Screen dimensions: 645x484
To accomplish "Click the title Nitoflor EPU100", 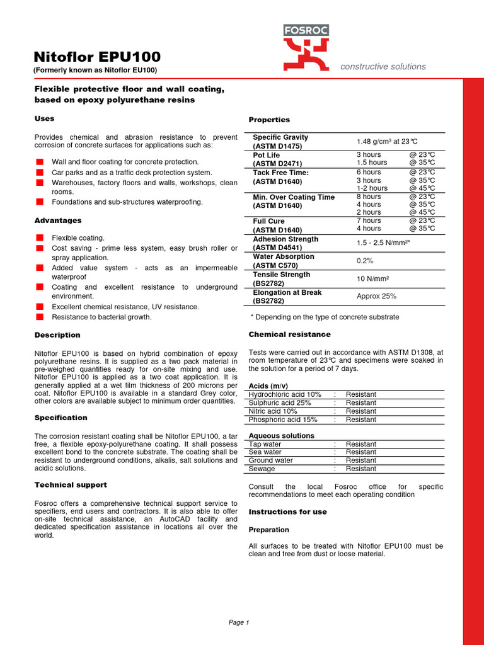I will [97, 57].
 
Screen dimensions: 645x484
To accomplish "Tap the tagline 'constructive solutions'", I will [383, 67].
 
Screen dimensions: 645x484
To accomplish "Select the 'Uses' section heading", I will [44, 118].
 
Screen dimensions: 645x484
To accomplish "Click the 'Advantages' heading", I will [57, 220].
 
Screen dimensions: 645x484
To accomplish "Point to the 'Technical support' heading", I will [71, 485].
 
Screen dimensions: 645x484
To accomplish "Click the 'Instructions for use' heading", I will [287, 512].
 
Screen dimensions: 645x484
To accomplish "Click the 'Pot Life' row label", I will [267, 154].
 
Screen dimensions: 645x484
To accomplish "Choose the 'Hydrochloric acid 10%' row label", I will [285, 394].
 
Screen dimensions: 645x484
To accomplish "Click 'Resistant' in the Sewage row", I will [360, 469].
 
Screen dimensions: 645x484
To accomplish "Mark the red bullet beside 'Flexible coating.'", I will [39, 237].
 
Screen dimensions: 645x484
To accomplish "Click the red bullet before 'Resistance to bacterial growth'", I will [39, 317].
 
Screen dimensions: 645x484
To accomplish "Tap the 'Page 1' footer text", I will [239, 622].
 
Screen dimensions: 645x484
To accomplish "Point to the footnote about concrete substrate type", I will [325, 317].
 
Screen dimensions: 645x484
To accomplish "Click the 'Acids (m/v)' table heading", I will [268, 385].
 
